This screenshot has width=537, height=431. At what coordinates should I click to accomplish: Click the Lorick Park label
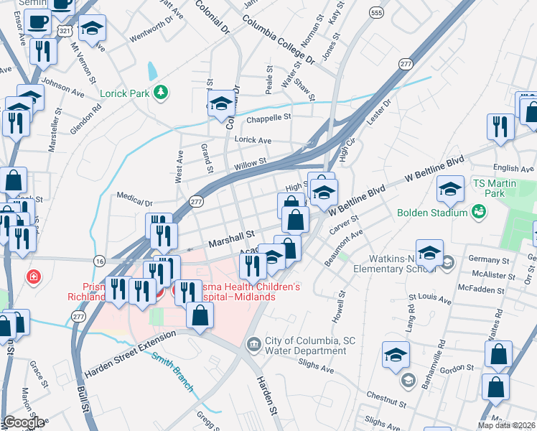pyautogui.click(x=124, y=92)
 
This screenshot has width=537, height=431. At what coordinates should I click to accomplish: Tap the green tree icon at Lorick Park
pyautogui.click(x=163, y=91)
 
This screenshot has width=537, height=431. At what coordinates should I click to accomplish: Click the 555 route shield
pyautogui.click(x=375, y=13)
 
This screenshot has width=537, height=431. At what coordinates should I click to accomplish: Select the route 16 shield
pyautogui.click(x=99, y=260)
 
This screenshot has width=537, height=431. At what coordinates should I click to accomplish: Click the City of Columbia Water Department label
pyautogui.click(x=304, y=346)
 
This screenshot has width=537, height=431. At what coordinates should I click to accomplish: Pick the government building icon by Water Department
pyautogui.click(x=252, y=345)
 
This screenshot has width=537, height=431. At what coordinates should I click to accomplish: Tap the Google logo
pyautogui.click(x=23, y=422)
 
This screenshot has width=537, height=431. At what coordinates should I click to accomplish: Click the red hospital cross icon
pyautogui.click(x=33, y=277)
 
